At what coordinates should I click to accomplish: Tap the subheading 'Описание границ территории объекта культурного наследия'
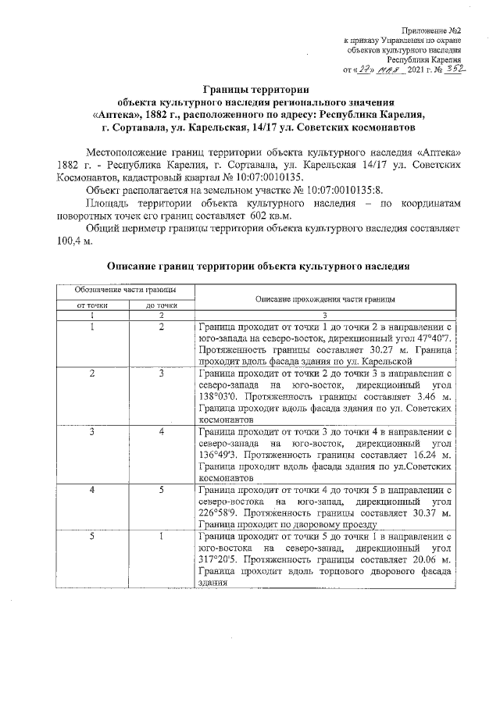[258, 266]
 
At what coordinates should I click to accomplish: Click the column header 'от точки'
[91, 306]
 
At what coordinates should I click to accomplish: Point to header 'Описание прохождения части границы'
[324, 298]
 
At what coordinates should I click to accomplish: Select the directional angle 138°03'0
[220, 397]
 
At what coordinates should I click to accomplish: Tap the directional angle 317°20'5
[220, 561]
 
